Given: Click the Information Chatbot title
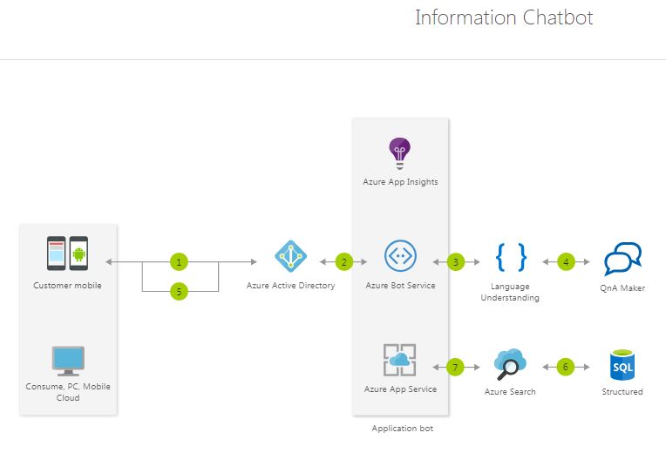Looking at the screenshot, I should (x=504, y=17).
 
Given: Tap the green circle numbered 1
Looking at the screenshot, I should (x=179, y=261).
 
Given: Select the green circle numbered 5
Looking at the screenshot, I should (x=179, y=292).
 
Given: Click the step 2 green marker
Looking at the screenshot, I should (x=343, y=261).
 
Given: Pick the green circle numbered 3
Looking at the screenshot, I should (x=454, y=261).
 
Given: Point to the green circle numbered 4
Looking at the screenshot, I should (x=565, y=261).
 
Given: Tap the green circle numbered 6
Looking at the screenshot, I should (x=565, y=367).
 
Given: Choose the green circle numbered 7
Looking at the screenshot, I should (x=454, y=367).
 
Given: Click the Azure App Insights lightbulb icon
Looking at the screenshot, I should (x=400, y=153).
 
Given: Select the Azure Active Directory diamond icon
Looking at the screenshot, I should (x=290, y=256).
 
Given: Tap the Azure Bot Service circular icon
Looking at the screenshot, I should (x=400, y=256).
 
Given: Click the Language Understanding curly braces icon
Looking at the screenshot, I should (x=510, y=256).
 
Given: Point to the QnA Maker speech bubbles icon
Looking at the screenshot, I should (x=622, y=259).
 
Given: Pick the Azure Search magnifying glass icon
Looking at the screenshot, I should (x=509, y=364).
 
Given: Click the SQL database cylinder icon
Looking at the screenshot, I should (x=622, y=366).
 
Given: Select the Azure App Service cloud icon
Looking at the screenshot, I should (x=400, y=360).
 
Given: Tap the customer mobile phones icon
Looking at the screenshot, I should (x=67, y=254).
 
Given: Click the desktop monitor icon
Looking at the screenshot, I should (x=68, y=361).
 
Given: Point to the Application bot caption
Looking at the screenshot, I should (x=402, y=429).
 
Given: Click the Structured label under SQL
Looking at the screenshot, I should (x=622, y=392).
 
